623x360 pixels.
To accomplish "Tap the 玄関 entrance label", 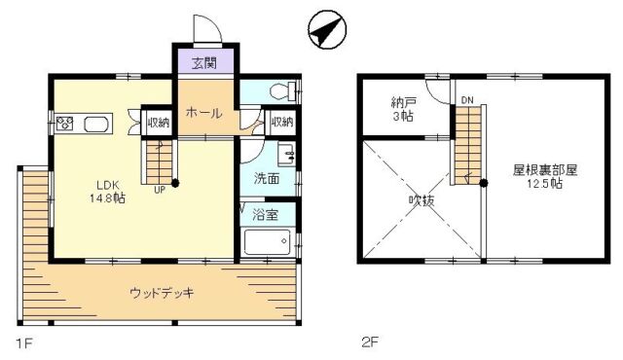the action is point(204,62).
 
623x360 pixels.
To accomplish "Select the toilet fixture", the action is point(282,90).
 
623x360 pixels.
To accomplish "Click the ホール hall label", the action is point(203,114).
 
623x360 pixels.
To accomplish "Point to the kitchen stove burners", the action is point(64,124).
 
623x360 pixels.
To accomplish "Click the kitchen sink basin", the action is point(95,124).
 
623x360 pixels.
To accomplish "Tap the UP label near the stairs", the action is point(160,190).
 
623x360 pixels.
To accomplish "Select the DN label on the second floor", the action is point(467,100).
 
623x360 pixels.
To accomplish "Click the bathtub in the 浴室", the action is point(267,242).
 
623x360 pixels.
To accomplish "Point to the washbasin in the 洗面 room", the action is point(286,155).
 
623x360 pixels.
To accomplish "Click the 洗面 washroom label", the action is point(266,179).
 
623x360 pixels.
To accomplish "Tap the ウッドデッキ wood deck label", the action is point(163,293).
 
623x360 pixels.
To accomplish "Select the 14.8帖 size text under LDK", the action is point(108,198).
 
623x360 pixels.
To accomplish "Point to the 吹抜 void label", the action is point(421,200).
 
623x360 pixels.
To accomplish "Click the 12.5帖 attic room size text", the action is point(545,184).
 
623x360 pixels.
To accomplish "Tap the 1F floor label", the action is point(23,342).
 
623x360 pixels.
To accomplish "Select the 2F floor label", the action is point(370,342).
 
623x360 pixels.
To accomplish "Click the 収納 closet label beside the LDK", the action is point(159,123).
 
